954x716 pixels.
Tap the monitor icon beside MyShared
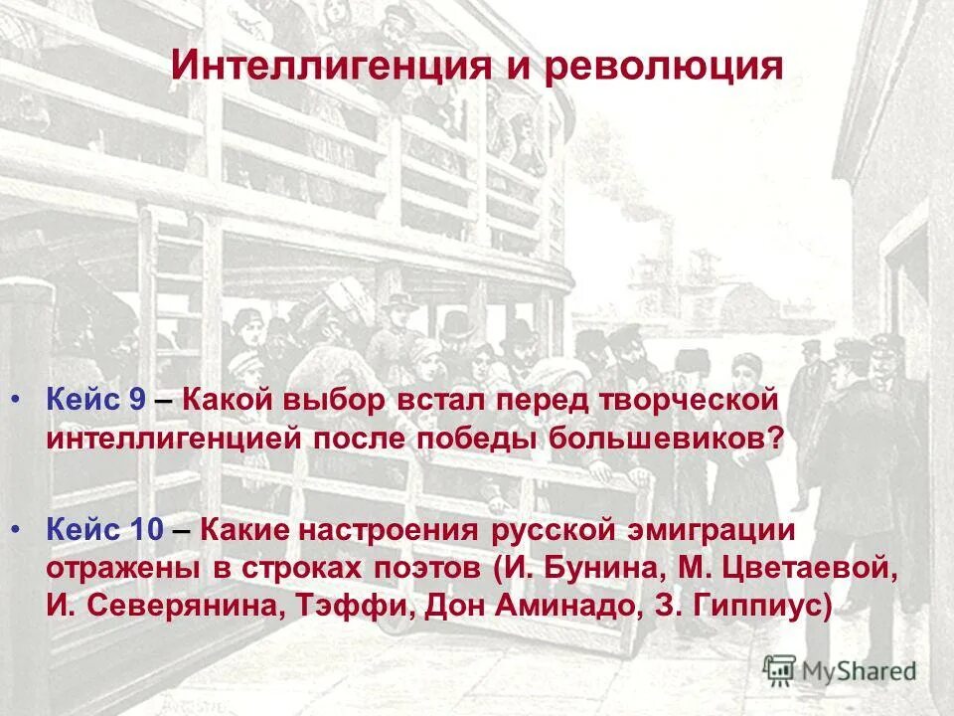coord(779,669)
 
